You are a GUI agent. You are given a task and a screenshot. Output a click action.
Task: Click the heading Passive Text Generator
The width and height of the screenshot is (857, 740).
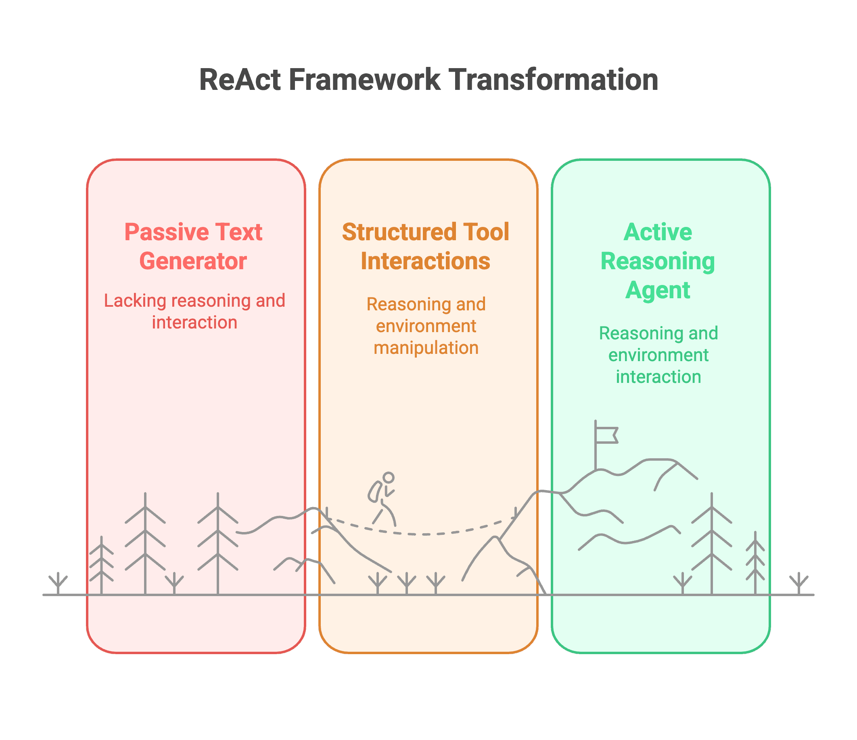(194, 246)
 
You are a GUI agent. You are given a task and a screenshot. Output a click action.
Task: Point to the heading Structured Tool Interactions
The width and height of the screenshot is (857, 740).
(426, 246)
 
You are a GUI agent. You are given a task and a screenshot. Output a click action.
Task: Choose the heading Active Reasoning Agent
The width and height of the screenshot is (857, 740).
(658, 261)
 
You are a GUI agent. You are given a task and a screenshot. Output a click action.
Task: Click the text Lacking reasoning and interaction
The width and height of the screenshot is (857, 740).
(195, 311)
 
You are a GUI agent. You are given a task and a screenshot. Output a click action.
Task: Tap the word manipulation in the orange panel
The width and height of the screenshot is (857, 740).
(426, 348)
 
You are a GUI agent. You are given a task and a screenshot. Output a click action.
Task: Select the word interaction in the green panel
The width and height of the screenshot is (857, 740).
(658, 377)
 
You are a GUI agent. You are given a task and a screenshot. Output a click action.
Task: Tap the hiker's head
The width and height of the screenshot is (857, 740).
(389, 478)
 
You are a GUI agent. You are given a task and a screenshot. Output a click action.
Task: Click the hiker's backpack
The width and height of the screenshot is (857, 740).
(375, 492)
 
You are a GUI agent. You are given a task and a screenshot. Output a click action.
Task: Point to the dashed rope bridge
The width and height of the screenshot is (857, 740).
(422, 534)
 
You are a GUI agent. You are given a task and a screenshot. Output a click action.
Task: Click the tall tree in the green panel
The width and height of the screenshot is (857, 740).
(712, 544)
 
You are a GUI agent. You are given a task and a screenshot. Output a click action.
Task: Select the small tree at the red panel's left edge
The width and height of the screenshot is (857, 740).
(102, 565)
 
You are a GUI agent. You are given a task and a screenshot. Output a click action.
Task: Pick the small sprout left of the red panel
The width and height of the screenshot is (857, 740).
(59, 583)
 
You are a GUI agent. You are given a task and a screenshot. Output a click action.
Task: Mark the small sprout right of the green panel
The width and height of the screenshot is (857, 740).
(798, 583)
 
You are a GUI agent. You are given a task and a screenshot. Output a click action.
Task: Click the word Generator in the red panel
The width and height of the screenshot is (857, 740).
(194, 261)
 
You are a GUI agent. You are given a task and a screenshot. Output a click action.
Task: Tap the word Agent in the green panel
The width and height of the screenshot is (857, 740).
(658, 290)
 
